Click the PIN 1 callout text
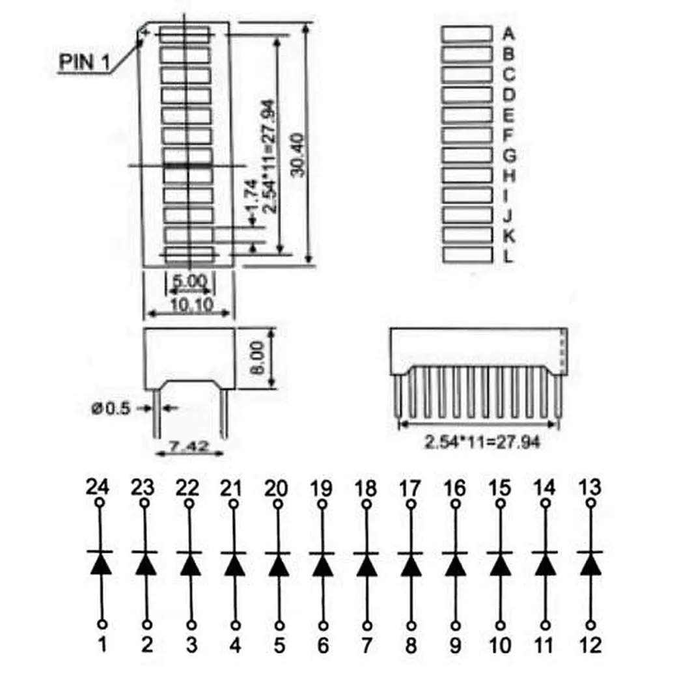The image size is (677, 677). click(x=85, y=62)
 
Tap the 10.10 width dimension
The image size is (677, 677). click(x=189, y=305)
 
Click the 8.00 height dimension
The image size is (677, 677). click(x=258, y=357)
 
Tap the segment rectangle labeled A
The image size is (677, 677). click(x=467, y=34)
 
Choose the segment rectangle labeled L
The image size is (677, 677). click(x=467, y=255)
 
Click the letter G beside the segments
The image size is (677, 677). click(x=510, y=156)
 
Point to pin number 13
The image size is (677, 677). click(x=590, y=487)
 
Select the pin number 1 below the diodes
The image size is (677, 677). click(x=102, y=645)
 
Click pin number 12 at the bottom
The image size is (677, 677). click(x=590, y=645)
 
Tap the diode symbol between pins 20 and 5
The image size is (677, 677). click(x=279, y=563)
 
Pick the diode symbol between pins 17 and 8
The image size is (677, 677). click(x=411, y=563)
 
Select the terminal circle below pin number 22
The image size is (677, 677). click(x=189, y=503)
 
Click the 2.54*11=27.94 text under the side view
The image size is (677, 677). click(x=482, y=443)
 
